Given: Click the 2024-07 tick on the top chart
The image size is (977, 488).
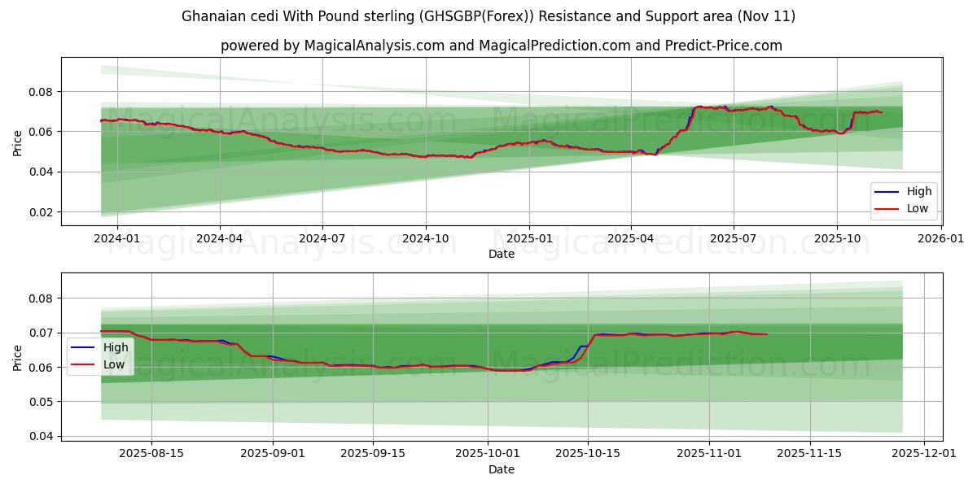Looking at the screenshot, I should [322, 239].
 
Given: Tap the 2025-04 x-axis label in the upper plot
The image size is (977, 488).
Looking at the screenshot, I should [631, 239].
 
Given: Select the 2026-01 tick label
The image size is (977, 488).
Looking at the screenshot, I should [941, 239].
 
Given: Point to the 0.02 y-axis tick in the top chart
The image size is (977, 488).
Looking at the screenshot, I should [41, 212].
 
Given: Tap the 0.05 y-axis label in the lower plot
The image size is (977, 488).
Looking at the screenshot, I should [41, 402].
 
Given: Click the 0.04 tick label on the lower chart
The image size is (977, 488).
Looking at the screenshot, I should [41, 437].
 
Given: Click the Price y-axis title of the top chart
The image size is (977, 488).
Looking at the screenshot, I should [17, 142].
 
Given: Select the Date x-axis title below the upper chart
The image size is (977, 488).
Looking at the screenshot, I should [502, 254].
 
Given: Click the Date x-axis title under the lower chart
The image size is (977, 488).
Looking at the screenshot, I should [502, 469].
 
